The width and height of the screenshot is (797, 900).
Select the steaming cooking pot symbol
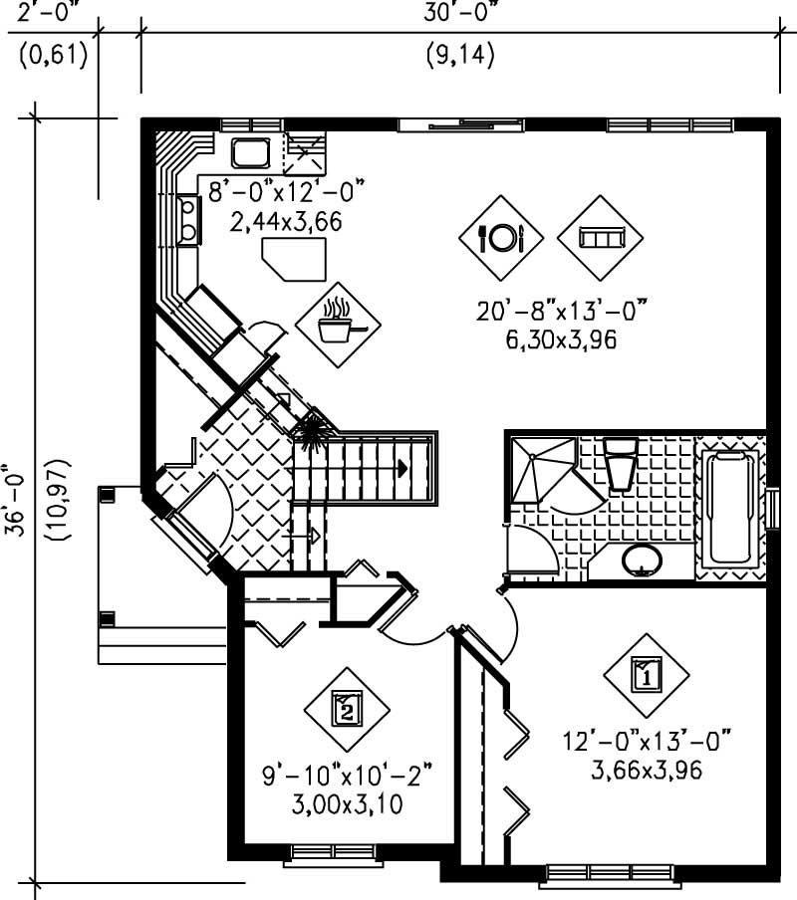pyautogui.click(x=338, y=321)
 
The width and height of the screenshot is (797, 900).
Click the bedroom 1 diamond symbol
pyautogui.click(x=646, y=677)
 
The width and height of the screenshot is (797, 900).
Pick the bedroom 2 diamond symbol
pyautogui.click(x=346, y=709)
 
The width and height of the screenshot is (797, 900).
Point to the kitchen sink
pyautogui.click(x=249, y=153)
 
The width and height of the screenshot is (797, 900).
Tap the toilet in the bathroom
pyautogui.click(x=621, y=464)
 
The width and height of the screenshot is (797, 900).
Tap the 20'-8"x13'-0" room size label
pyautogui.click(x=561, y=313)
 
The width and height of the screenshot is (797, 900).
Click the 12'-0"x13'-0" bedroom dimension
pyautogui.click(x=646, y=743)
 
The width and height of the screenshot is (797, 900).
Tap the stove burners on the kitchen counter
pyautogui.click(x=186, y=220)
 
